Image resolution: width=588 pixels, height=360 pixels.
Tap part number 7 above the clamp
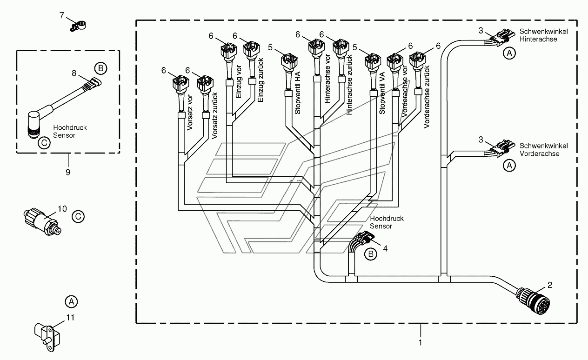(62, 15)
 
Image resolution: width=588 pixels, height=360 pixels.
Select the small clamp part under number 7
(80, 27)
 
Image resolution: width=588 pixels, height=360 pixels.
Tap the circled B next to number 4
(371, 253)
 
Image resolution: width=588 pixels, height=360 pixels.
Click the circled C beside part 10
(78, 216)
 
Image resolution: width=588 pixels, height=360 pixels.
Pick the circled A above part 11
(71, 301)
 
